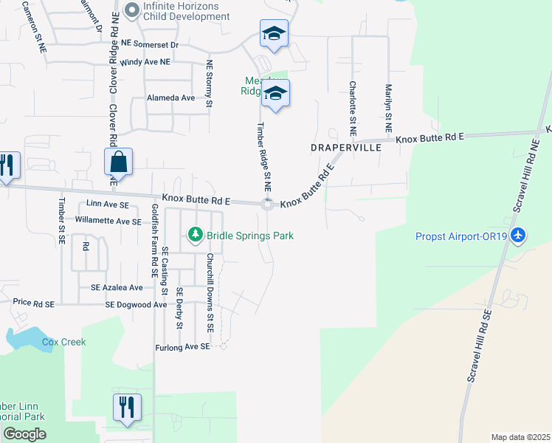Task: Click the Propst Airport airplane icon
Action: pyautogui.click(x=519, y=235)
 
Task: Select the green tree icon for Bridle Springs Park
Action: pyautogui.click(x=195, y=235)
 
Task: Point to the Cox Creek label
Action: pyautogui.click(x=63, y=342)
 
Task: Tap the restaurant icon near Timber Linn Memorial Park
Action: pyautogui.click(x=127, y=407)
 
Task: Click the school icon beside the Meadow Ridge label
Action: pyautogui.click(x=275, y=94)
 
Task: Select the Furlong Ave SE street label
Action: pyautogui.click(x=183, y=346)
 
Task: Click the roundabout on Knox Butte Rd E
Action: pyautogui.click(x=268, y=205)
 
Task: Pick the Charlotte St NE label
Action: pyautogui.click(x=353, y=108)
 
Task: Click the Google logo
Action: pyautogui.click(x=24, y=434)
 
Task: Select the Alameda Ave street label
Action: pyautogui.click(x=170, y=97)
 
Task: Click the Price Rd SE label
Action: pyautogui.click(x=34, y=303)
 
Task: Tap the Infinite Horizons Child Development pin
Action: pyautogui.click(x=132, y=10)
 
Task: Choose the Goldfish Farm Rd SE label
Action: pyautogui.click(x=155, y=240)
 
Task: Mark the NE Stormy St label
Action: pyautogui.click(x=210, y=84)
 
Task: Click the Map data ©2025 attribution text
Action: pyautogui.click(x=521, y=437)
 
